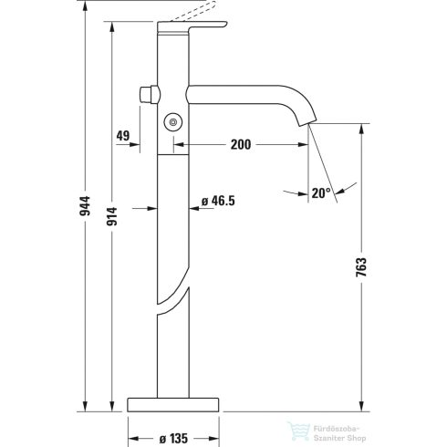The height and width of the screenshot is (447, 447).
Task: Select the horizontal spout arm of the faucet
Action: [237, 92]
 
